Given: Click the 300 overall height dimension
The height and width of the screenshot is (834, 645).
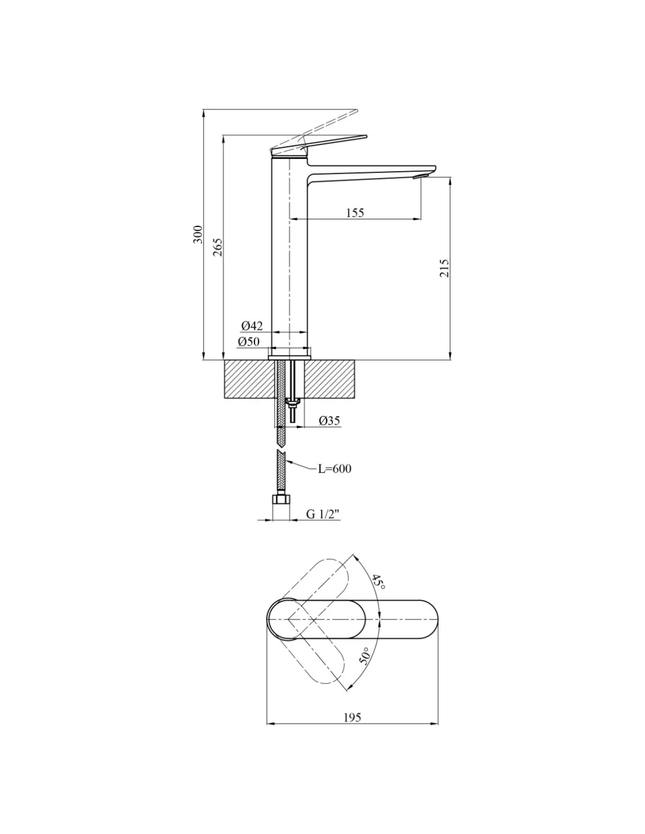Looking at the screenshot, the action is click(x=198, y=234).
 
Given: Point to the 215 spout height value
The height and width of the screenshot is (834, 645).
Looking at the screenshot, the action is click(x=444, y=267).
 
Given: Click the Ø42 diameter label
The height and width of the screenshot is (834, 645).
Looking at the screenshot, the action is click(x=252, y=326).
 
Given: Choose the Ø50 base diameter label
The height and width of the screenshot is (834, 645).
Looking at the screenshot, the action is click(x=249, y=341).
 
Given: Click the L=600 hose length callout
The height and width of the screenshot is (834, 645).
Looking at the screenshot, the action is click(x=335, y=469).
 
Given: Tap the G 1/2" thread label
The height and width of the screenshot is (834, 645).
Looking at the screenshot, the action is click(x=323, y=514).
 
